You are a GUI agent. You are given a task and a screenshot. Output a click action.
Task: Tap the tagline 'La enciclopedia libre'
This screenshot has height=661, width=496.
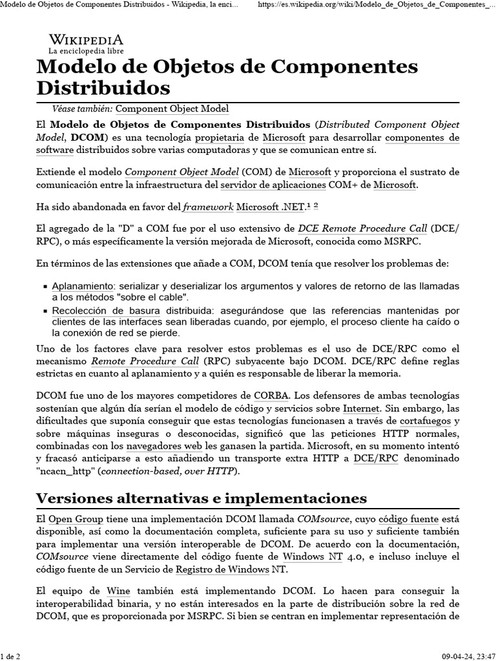coord(86,50)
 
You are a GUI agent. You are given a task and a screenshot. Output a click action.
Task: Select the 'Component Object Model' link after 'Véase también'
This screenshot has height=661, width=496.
coord(172,110)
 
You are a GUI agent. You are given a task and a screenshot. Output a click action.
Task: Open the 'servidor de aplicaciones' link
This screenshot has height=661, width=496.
coord(273,185)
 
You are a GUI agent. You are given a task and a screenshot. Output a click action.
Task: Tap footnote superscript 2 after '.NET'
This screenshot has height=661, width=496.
coord(316,206)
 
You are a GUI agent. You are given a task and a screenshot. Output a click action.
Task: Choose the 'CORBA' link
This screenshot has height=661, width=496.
coord(272,394)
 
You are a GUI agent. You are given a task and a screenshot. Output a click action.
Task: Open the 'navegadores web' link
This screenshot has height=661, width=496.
coord(161,446)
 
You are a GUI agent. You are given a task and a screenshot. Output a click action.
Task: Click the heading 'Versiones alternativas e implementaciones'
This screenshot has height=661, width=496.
coord(201,498)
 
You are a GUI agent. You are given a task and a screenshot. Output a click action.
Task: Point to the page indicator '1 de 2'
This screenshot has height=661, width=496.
coord(12,656)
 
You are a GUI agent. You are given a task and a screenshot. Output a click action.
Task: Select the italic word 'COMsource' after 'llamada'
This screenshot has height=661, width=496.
coord(324,520)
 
